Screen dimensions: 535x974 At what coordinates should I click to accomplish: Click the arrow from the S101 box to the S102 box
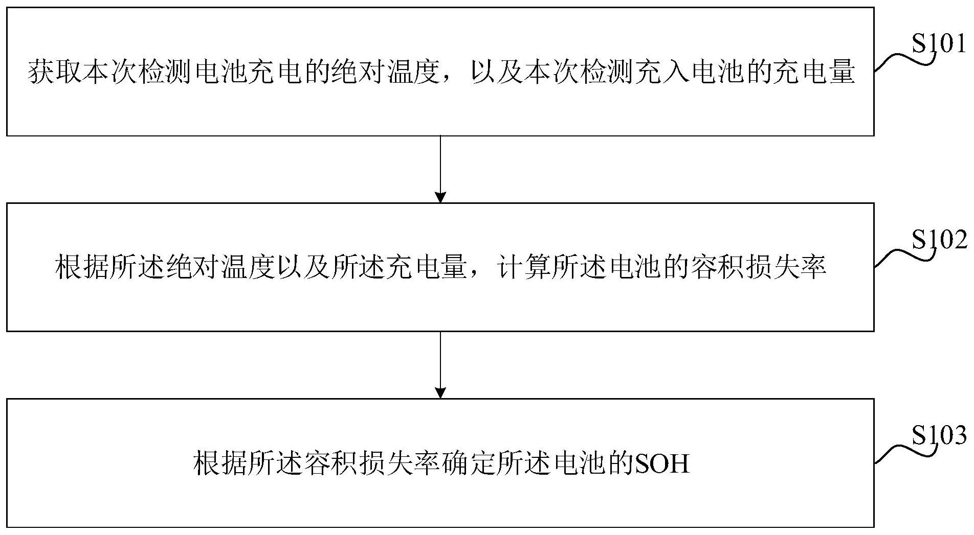[440, 169]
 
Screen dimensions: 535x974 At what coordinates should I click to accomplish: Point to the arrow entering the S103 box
[440, 364]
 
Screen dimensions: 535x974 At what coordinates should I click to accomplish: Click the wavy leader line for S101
[903, 59]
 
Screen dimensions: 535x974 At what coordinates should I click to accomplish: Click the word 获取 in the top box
[55, 73]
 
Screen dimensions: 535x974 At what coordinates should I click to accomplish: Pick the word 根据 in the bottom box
[220, 464]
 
